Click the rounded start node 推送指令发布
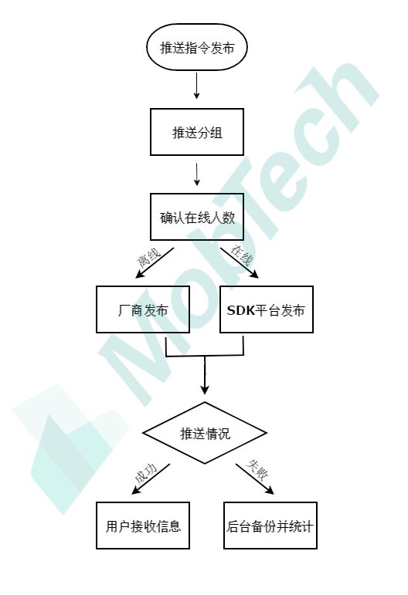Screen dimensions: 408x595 coord(197,47)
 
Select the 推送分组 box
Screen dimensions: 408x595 coord(197,132)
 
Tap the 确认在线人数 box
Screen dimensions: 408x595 coord(197,217)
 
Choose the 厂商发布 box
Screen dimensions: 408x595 coord(143,309)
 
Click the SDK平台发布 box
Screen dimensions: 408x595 coord(267,309)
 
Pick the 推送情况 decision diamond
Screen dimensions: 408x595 coord(205,433)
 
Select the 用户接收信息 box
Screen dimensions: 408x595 coord(143,526)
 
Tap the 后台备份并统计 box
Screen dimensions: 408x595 coord(270,526)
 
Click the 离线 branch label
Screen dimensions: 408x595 coord(148,258)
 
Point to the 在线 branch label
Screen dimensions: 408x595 coord(241,255)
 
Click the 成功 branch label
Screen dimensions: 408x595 coord(146,473)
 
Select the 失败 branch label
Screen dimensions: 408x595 coord(257,470)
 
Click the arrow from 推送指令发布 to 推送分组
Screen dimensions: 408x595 coord(196,86)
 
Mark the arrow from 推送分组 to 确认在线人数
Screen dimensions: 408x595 coord(196,174)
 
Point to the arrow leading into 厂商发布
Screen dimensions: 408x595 coord(155,263)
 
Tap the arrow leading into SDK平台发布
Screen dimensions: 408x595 coord(240,263)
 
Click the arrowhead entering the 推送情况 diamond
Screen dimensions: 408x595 coord(205,389)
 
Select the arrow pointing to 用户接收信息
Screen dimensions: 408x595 coord(151,479)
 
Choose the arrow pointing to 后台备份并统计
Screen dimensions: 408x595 coord(255,479)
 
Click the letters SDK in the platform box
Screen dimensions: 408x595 coord(241,310)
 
